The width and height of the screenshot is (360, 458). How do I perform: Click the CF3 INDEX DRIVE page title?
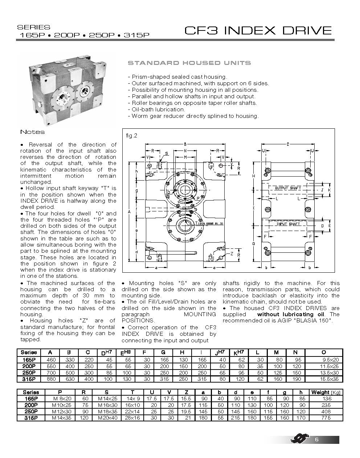258,30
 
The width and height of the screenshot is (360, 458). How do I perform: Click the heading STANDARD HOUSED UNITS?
189,63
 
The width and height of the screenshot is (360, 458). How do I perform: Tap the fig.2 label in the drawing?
131,136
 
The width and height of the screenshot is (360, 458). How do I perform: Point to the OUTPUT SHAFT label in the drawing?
288,188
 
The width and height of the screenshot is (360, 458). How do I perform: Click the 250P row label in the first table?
29,372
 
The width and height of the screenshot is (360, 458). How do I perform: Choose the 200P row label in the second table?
31,405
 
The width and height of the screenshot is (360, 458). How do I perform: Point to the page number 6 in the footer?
316,440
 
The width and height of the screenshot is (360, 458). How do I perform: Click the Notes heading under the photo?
33,132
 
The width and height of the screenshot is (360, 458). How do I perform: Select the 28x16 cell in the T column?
133,418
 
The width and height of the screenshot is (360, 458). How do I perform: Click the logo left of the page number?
300,440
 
